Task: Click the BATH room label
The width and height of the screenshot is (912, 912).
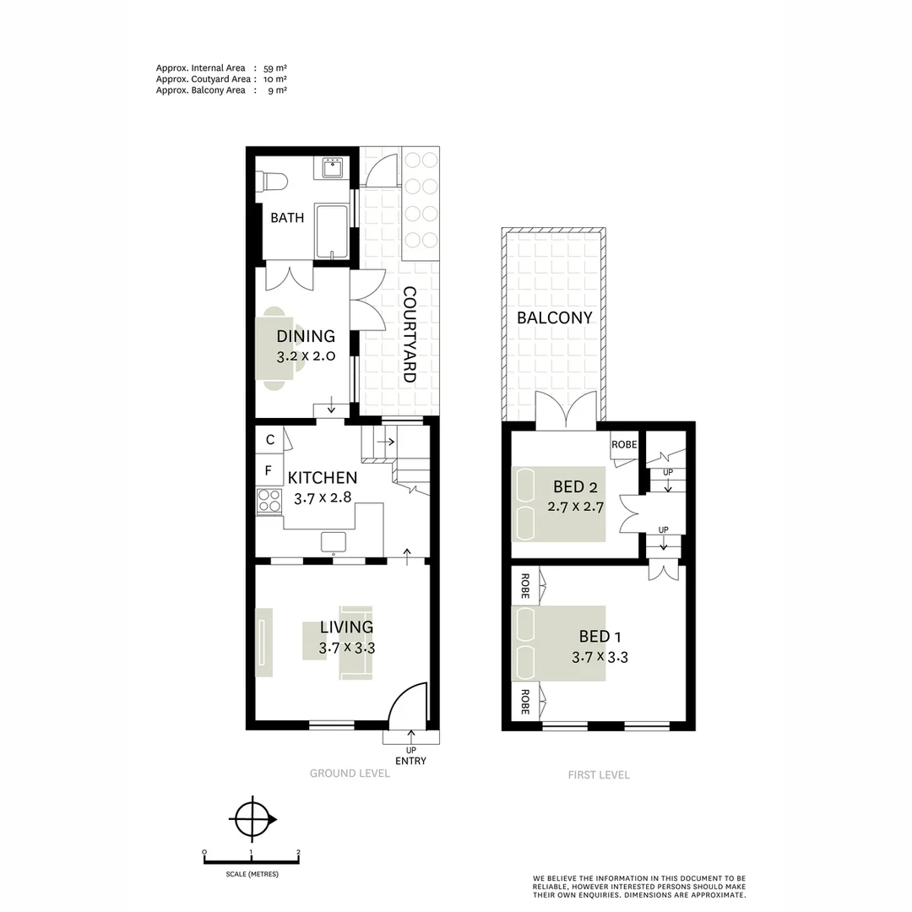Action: pyautogui.click(x=287, y=218)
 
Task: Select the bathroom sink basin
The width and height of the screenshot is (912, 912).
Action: pyautogui.click(x=333, y=167)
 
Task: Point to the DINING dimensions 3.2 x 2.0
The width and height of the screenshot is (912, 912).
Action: pyautogui.click(x=306, y=356)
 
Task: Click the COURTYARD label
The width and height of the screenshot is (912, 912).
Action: pyautogui.click(x=410, y=335)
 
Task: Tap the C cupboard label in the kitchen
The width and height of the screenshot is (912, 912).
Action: pyautogui.click(x=269, y=440)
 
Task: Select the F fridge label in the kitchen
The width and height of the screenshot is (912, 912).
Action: pyautogui.click(x=269, y=470)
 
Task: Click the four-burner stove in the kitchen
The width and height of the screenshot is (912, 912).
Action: pyautogui.click(x=269, y=502)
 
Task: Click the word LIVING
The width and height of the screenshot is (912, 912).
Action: pyautogui.click(x=346, y=627)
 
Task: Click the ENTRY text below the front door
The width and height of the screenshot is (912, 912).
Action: pyautogui.click(x=411, y=761)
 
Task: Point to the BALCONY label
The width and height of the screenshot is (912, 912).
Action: pyautogui.click(x=555, y=318)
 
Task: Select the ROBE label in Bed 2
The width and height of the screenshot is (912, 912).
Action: pyautogui.click(x=624, y=445)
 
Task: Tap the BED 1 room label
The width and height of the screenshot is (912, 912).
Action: pyautogui.click(x=600, y=637)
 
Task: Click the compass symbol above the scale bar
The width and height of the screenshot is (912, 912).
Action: pyautogui.click(x=252, y=817)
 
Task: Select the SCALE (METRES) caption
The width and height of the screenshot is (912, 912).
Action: pyautogui.click(x=252, y=874)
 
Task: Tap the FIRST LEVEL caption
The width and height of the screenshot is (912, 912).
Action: pyautogui.click(x=598, y=774)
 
